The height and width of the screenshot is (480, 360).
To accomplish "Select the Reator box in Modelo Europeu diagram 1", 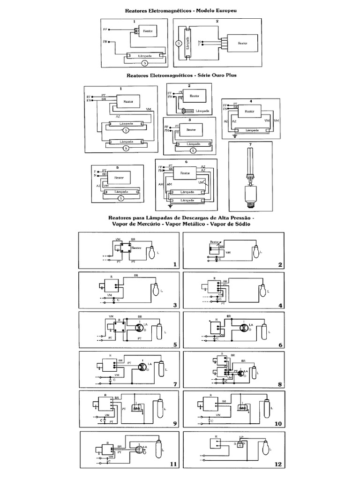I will (148, 31).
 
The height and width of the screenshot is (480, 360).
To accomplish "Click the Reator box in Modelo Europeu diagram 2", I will (242, 42).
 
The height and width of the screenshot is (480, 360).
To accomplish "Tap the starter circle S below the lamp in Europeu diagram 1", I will (144, 62).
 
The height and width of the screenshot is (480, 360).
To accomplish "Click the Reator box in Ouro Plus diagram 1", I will (128, 101).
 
